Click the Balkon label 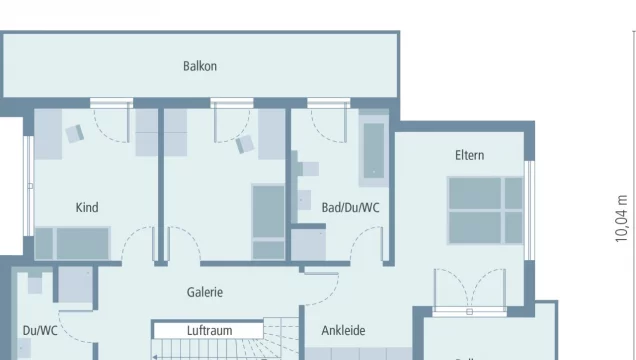[200, 67]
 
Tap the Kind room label [87, 208]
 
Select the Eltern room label [469, 155]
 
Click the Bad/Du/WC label [350, 208]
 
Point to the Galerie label [204, 293]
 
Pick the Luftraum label [209, 329]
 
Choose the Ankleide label [343, 330]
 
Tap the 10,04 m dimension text [622, 218]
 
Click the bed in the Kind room [72, 243]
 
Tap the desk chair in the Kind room [75, 131]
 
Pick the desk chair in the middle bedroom [244, 144]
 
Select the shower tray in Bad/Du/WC [308, 243]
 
